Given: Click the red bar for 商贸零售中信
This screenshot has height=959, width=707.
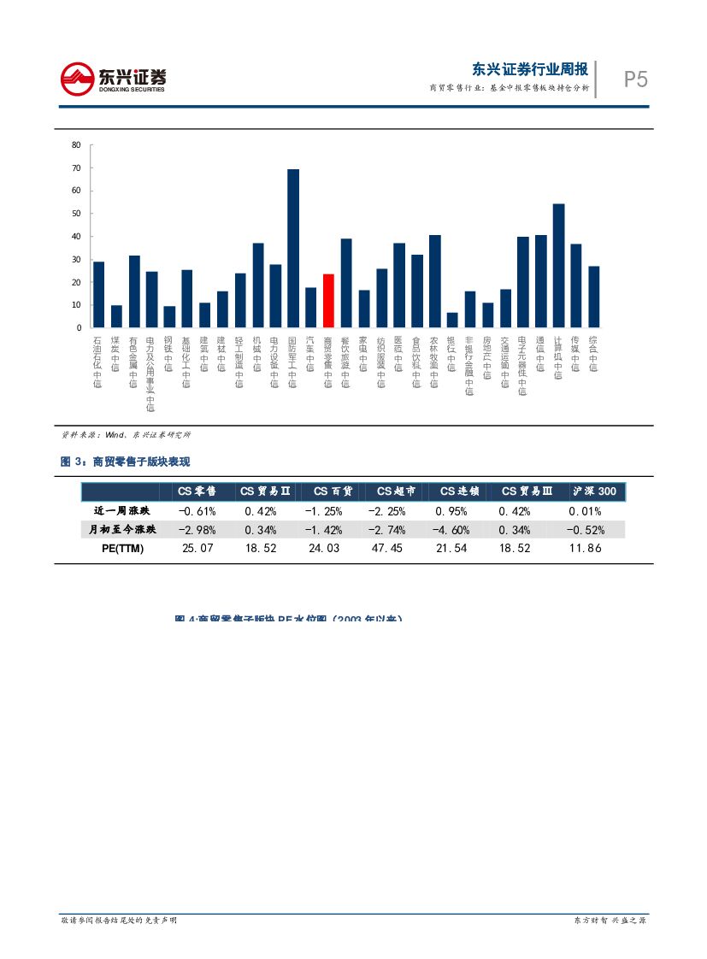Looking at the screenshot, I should (x=328, y=301).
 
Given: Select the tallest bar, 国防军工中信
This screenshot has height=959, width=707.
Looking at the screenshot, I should (x=293, y=248).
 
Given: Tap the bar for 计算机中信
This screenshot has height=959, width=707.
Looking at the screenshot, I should (x=558, y=265).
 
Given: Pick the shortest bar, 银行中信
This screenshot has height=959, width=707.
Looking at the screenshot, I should (x=452, y=320).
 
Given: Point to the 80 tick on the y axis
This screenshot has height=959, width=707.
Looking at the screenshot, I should (x=76, y=145).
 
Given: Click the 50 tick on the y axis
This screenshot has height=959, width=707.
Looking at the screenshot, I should (x=76, y=214).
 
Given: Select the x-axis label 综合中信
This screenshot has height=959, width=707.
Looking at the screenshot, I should (x=593, y=354).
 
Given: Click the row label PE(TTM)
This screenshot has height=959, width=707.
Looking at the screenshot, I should (x=118, y=549).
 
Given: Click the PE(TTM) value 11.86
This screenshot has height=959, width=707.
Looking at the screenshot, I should (x=586, y=549).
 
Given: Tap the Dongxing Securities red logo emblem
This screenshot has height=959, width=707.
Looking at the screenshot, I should (x=77, y=79).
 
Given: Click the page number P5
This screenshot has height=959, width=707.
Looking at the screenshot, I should (x=635, y=80).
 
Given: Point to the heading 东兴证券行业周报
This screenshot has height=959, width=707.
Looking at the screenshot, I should (x=530, y=70).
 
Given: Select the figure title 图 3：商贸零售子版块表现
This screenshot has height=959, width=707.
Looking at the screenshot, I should (x=125, y=462).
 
